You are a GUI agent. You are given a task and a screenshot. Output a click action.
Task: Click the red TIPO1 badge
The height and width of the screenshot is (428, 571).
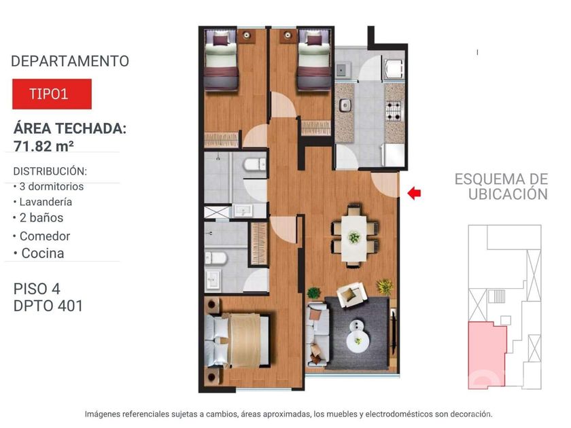[x=52, y=94]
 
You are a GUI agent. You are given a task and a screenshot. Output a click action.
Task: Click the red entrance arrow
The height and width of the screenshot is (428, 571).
[x=414, y=193]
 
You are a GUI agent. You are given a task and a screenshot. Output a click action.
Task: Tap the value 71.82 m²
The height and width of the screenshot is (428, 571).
[x=44, y=146]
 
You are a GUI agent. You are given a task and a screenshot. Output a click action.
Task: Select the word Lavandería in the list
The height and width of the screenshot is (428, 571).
[x=46, y=202]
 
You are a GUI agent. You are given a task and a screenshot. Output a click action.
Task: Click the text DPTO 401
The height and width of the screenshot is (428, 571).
[x=48, y=306]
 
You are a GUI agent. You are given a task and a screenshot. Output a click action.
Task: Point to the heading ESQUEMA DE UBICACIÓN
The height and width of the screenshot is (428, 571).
[x=501, y=186]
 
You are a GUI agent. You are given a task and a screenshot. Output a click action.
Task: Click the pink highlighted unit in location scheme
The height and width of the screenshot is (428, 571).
[x=487, y=355]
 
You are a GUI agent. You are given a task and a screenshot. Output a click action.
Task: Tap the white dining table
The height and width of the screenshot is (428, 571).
[x=353, y=238]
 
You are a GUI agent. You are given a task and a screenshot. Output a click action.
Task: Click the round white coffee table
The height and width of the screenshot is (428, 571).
[x=358, y=336]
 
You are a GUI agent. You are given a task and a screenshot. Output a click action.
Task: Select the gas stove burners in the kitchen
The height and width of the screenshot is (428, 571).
[x=394, y=111]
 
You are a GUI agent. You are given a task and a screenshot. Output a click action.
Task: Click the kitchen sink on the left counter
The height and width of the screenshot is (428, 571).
[x=345, y=105]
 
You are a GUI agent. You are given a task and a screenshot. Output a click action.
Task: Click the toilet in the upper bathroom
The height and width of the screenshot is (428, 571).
[x=255, y=164]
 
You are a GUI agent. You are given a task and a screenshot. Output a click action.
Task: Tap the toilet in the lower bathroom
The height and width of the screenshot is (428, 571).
[x=215, y=258]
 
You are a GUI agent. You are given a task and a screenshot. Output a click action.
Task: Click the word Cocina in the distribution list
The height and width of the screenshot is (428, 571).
[x=43, y=253]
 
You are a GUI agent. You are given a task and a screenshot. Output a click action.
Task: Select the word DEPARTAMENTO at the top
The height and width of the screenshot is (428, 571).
[x=70, y=61]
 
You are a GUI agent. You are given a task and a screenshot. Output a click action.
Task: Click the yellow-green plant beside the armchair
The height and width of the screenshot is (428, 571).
[x=385, y=287]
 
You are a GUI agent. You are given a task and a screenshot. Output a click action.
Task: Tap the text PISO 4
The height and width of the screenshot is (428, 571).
[x=37, y=289]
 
